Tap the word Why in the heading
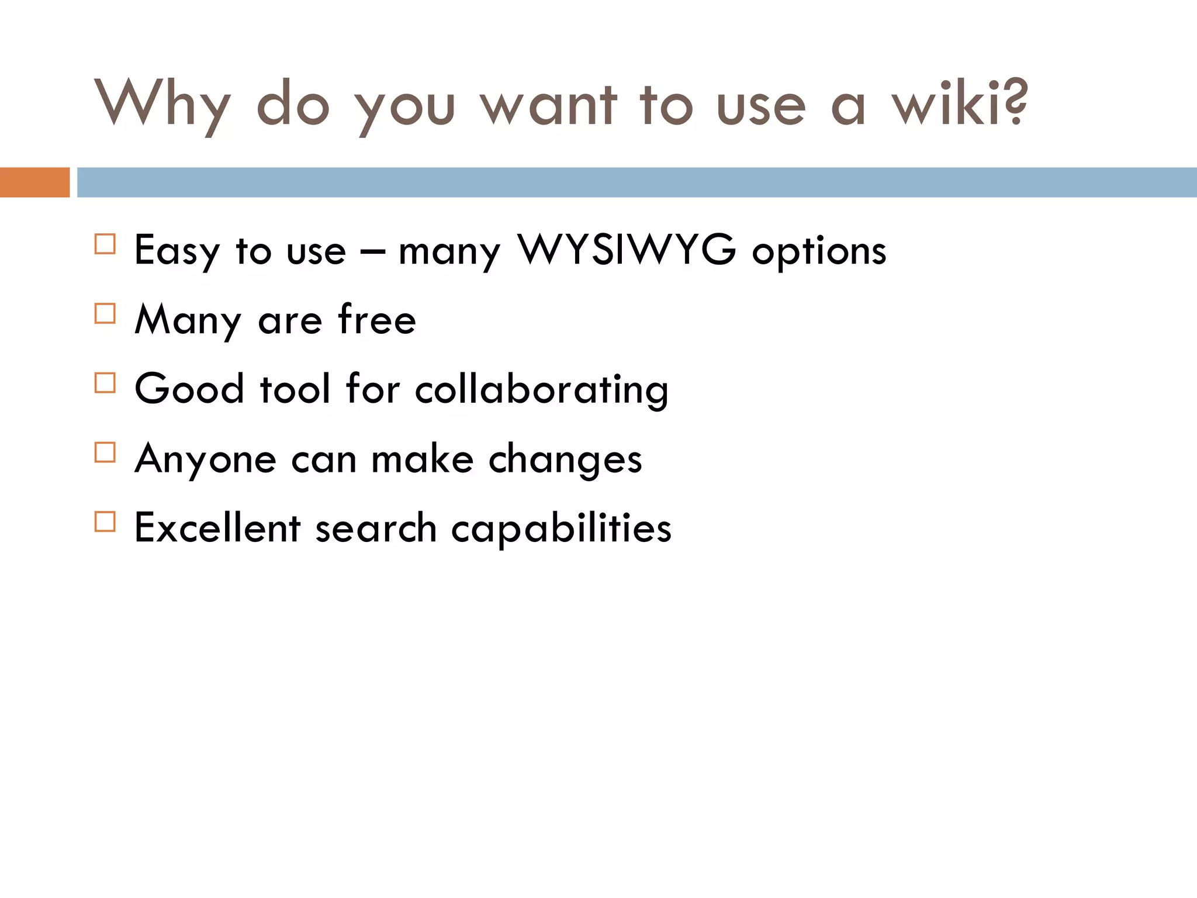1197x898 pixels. (162, 105)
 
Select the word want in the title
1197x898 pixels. (548, 105)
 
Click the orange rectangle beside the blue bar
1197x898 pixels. (34, 182)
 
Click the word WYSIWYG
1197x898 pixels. (627, 250)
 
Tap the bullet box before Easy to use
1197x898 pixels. (105, 244)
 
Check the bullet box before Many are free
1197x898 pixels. (105, 313)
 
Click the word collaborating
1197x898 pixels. (541, 391)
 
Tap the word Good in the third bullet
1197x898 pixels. (189, 389)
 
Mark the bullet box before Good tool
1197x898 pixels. (105, 383)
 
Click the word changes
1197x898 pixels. (565, 460)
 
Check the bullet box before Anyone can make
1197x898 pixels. (105, 452)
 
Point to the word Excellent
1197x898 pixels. (217, 527)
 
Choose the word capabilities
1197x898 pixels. (561, 529)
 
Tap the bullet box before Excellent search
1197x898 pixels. (105, 521)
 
